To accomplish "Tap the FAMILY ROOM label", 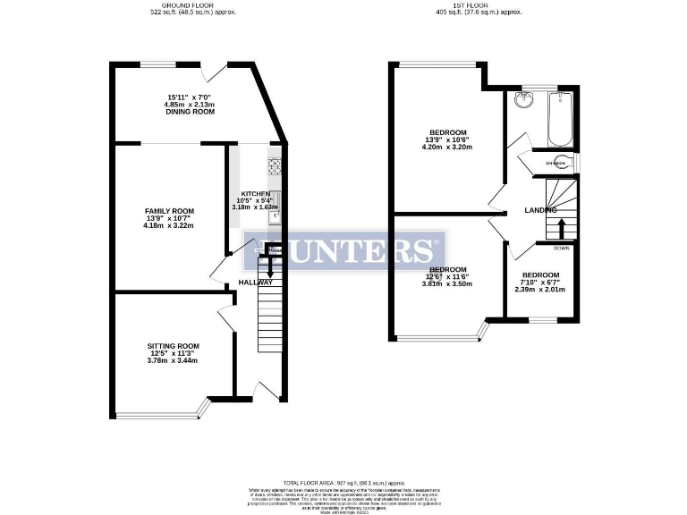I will (x=169, y=211).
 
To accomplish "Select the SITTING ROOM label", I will (x=173, y=346).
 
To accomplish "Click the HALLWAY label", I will (x=255, y=283).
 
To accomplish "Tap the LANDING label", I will (x=540, y=210).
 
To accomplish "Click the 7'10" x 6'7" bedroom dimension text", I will (x=540, y=283).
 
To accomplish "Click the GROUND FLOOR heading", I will (x=186, y=4).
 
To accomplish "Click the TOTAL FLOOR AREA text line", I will (x=343, y=482).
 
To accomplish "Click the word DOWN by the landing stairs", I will (x=562, y=248).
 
